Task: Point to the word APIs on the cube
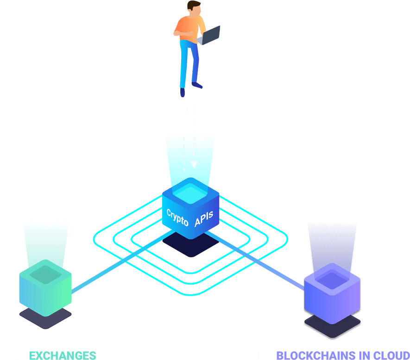coord(204,218)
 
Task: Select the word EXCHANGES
coord(63,355)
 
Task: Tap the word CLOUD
coord(392,355)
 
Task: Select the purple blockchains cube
coord(332,293)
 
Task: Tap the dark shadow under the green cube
coord(45,319)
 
